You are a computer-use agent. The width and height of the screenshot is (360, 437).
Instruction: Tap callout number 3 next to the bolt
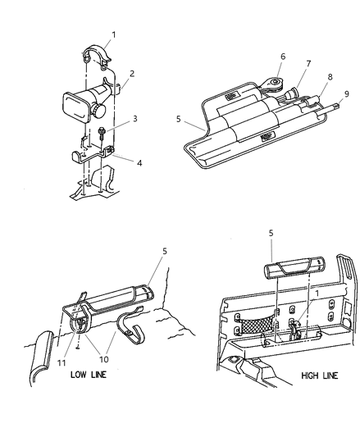[x=135, y=119]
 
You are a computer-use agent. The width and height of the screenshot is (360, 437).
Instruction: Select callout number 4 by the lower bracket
[x=139, y=162]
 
